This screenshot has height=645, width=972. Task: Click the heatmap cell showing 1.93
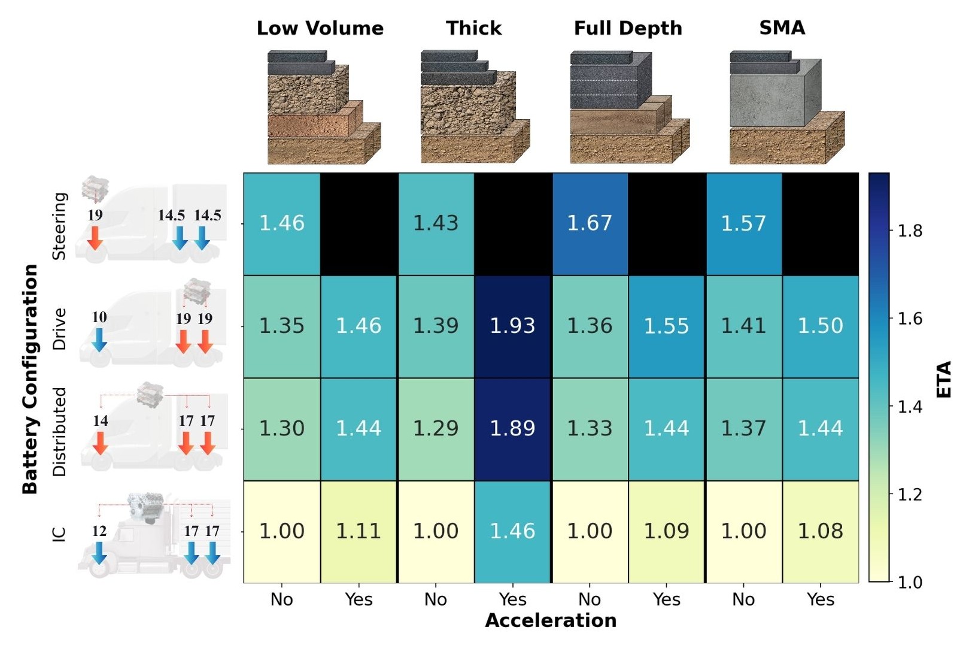(x=512, y=326)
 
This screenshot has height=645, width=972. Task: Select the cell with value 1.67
(x=590, y=223)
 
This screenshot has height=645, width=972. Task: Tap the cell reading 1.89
(x=512, y=428)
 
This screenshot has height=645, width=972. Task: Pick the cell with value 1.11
(x=359, y=531)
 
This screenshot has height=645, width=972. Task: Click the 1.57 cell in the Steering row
(x=743, y=223)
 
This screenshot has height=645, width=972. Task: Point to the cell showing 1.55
(x=666, y=326)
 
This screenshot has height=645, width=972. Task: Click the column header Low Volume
(x=320, y=28)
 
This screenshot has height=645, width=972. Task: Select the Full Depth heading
(x=628, y=28)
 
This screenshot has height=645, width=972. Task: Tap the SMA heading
(x=782, y=28)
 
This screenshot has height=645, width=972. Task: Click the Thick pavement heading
(x=473, y=28)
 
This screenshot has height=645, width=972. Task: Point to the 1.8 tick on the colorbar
(x=910, y=231)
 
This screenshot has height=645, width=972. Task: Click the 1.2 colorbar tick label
(x=910, y=495)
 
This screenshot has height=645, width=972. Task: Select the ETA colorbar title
(x=944, y=379)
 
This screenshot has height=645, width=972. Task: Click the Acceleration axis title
(x=551, y=620)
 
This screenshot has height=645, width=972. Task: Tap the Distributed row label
(x=59, y=431)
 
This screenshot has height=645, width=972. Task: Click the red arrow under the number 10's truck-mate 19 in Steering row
(x=95, y=238)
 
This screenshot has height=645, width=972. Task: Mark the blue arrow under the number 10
(x=99, y=339)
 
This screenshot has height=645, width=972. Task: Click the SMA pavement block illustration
(x=785, y=108)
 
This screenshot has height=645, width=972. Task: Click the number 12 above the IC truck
(x=99, y=531)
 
